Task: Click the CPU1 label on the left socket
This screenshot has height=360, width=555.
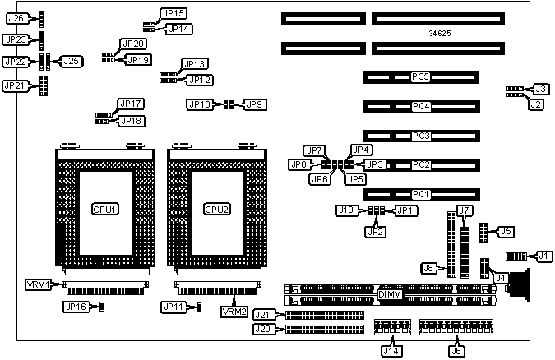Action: (104, 209)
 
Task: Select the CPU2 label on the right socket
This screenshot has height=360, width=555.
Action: (216, 209)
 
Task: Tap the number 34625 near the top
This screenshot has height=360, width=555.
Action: (439, 34)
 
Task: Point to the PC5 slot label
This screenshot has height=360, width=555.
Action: (421, 77)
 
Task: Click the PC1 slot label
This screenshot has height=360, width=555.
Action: (421, 195)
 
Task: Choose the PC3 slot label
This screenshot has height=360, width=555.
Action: (421, 136)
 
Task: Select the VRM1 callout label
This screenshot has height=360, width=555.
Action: (39, 284)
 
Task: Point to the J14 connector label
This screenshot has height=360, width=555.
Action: (391, 349)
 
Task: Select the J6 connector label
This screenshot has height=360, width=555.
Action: (455, 349)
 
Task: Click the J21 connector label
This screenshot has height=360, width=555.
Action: (263, 315)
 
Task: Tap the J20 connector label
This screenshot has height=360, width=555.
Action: (263, 330)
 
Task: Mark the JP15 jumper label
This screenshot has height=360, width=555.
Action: (175, 13)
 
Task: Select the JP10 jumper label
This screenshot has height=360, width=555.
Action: (200, 104)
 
